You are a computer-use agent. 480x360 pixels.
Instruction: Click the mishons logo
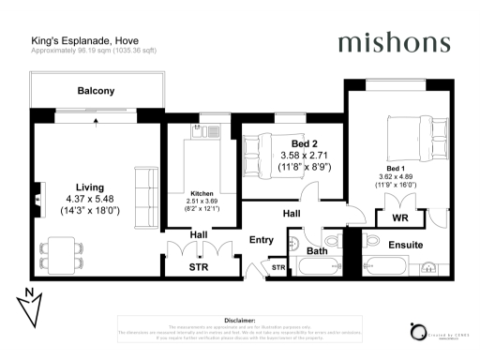393,42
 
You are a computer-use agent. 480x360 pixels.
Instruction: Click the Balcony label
96,91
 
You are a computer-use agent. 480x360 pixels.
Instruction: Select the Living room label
90,187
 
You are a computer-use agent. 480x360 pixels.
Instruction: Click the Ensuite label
418,245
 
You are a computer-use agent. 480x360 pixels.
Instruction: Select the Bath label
317,250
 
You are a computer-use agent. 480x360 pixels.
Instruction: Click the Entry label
262,240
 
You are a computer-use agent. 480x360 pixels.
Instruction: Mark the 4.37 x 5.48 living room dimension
90,199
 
